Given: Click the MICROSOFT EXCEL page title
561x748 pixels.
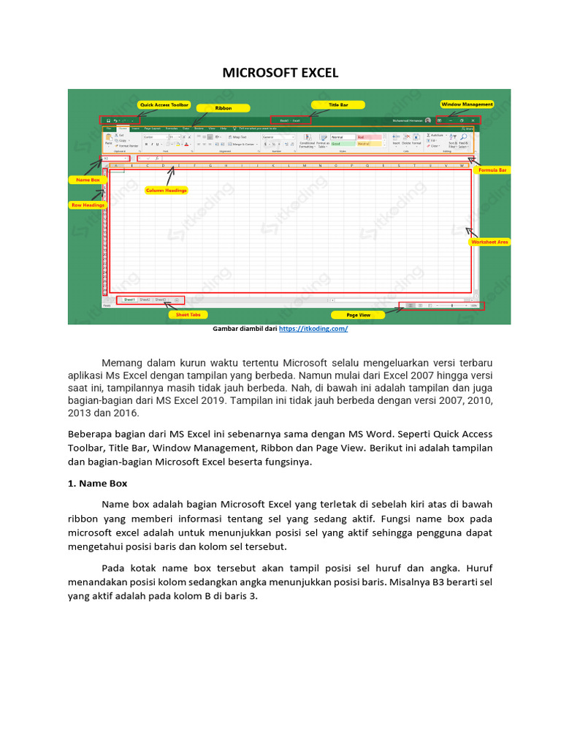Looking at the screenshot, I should click(280, 73).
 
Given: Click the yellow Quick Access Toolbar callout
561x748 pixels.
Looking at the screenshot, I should click(164, 104).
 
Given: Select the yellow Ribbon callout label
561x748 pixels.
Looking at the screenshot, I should click(223, 107).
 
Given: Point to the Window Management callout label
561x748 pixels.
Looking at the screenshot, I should click(467, 104).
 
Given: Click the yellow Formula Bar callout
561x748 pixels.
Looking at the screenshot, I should click(492, 169).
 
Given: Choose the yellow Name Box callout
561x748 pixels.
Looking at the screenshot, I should click(85, 179).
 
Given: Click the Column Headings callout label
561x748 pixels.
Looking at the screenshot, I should click(167, 190).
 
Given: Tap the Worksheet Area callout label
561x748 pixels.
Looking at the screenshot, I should click(489, 241).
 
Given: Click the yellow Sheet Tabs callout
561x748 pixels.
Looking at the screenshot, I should click(188, 315).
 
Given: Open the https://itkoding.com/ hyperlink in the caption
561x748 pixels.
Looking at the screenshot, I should click(313, 329).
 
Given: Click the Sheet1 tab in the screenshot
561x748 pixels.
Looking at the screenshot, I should click(129, 299).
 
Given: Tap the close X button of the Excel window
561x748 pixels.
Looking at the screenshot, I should click(473, 120).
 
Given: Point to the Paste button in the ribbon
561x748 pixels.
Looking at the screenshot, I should click(108, 139).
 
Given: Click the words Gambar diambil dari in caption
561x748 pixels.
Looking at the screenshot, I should click(245, 329).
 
